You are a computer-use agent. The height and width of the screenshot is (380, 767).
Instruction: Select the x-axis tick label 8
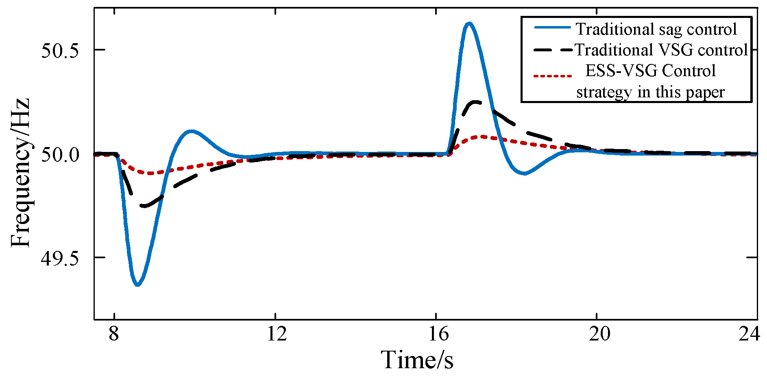(114, 334)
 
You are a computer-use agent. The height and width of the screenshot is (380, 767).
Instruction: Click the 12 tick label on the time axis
(277, 334)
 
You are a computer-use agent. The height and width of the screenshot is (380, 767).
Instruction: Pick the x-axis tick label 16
(438, 334)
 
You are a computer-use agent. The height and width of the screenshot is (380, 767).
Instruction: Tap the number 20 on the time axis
(600, 334)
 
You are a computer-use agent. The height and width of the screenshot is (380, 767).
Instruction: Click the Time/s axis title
(417, 360)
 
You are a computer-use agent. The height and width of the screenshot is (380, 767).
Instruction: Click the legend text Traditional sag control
(656, 29)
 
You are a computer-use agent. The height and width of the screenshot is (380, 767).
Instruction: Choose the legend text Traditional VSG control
(661, 50)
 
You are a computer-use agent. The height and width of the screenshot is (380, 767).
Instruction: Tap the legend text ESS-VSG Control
(650, 71)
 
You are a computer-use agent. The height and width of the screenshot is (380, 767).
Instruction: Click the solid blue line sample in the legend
(552, 27)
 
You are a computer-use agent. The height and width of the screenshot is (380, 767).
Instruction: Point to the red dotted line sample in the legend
(552, 76)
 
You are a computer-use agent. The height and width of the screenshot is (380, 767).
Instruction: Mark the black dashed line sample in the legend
(552, 49)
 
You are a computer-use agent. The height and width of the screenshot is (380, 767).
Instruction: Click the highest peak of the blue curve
(469, 23)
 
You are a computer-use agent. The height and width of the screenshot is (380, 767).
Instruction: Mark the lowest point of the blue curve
(137, 285)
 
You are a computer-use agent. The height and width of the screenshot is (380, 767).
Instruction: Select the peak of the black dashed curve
(475, 102)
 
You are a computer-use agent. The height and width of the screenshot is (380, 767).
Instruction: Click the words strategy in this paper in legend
(650, 92)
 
